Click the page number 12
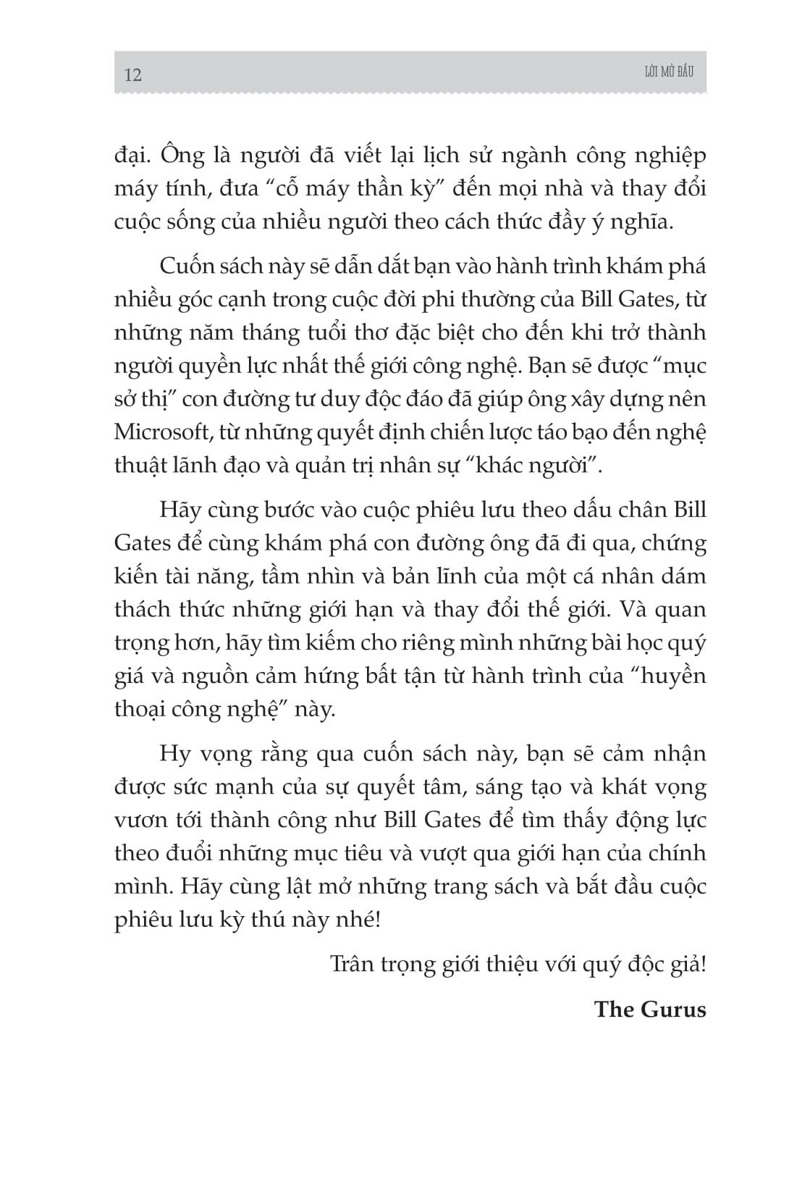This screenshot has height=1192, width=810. point(133,75)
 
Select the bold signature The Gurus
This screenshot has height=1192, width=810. point(649,1010)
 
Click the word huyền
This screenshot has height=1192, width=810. point(675,676)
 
